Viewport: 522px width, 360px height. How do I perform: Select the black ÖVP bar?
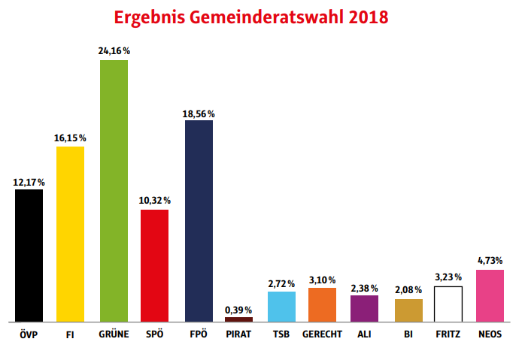(29, 256)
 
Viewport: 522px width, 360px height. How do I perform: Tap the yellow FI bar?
(70, 234)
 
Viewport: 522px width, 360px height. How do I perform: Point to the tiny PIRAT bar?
(238, 319)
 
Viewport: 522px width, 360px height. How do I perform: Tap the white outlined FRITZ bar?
(448, 304)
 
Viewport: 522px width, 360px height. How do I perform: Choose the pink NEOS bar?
(490, 295)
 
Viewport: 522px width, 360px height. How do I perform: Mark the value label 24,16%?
(114, 51)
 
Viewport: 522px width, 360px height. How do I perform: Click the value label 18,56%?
(199, 113)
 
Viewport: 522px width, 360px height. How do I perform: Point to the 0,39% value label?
(239, 310)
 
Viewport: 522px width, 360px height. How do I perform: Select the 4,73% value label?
(490, 261)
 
